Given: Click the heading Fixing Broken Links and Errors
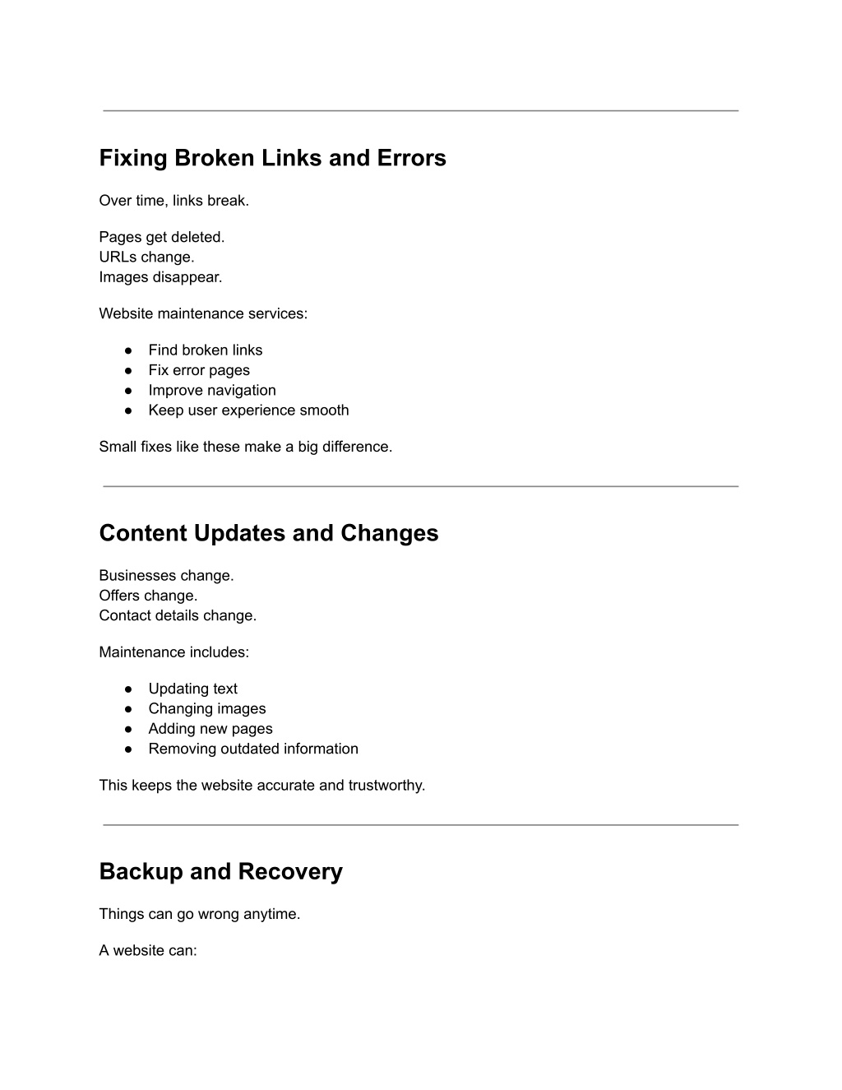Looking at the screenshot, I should pyautogui.click(x=272, y=158).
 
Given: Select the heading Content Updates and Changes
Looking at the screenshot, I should pyautogui.click(x=269, y=533).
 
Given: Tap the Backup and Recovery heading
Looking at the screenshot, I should pyautogui.click(x=220, y=871).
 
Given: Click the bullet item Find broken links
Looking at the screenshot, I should pyautogui.click(x=205, y=350).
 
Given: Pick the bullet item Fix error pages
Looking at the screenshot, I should pyautogui.click(x=199, y=370).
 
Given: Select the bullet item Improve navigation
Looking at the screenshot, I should pyautogui.click(x=212, y=390).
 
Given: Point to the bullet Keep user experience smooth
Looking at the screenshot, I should pyautogui.click(x=248, y=410).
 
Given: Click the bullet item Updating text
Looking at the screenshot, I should pyautogui.click(x=192, y=689).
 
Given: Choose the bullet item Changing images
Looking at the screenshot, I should pyautogui.click(x=207, y=708).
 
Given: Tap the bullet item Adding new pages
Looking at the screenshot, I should pyautogui.click(x=210, y=729).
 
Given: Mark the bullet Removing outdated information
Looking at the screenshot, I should pyautogui.click(x=253, y=749).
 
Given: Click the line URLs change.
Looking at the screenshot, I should pyautogui.click(x=146, y=257).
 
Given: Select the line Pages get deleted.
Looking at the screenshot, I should pyautogui.click(x=161, y=237).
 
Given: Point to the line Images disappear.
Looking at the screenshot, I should pyautogui.click(x=160, y=277).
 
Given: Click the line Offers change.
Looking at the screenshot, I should pyautogui.click(x=148, y=596).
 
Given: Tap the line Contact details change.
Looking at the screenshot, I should pyautogui.click(x=178, y=615).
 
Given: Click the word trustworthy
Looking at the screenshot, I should pyautogui.click(x=386, y=785).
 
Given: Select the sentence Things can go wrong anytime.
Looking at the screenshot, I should pyautogui.click(x=199, y=914).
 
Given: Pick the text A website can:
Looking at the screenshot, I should pyautogui.click(x=148, y=950).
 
